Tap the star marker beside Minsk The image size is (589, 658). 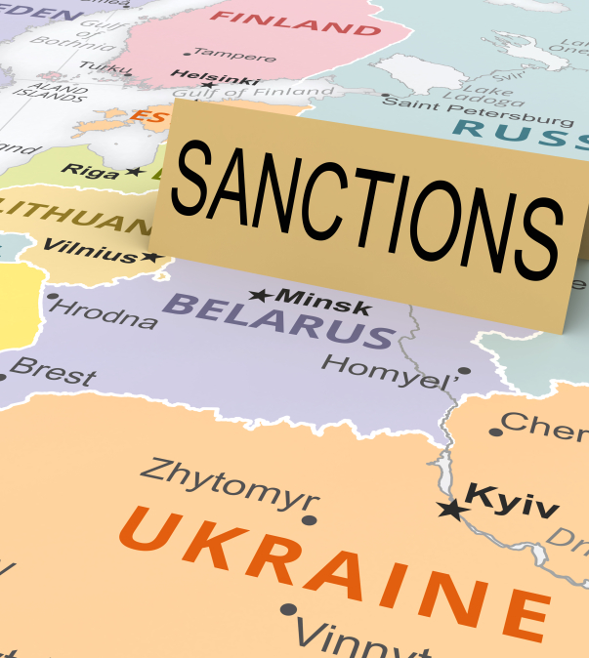click(260, 294)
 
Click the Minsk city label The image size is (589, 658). click(323, 301)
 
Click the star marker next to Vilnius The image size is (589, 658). click(151, 258)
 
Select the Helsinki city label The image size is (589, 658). click(215, 75)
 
